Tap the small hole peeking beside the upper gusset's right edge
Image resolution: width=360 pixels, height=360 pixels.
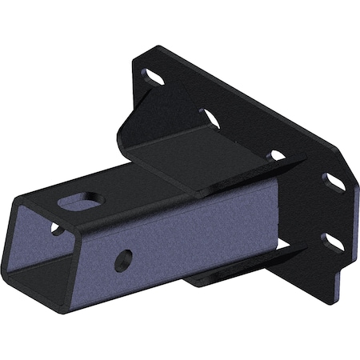[277, 156]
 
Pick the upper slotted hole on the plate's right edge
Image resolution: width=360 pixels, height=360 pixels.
[334, 182]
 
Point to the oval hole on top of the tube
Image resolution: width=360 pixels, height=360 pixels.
[84, 200]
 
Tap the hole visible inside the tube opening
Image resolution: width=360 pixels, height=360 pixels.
[56, 230]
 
